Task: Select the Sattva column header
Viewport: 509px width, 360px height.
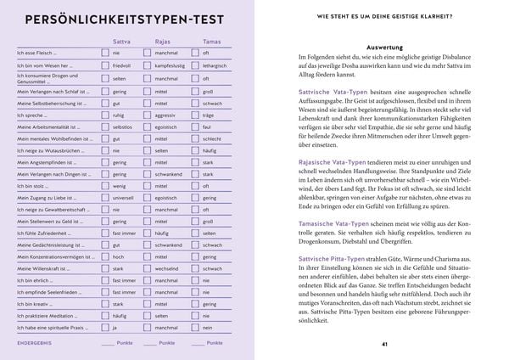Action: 122,40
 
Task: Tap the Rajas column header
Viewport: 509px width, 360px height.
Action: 163,40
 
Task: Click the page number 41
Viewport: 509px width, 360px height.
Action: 385,344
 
